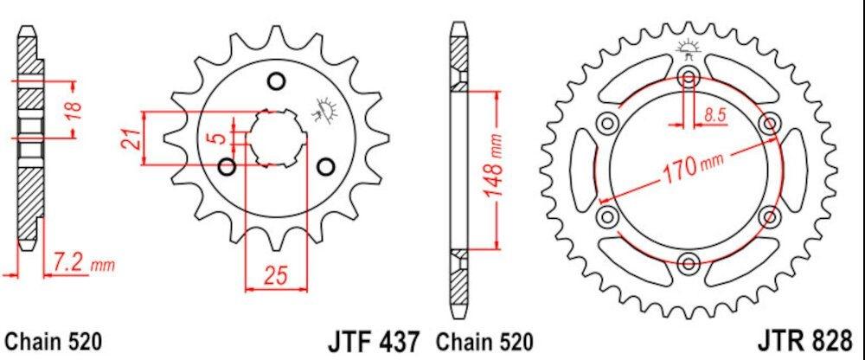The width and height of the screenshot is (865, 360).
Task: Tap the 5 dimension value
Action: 221,138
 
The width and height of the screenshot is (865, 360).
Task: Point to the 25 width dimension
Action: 276,276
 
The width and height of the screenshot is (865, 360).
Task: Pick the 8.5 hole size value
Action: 715,113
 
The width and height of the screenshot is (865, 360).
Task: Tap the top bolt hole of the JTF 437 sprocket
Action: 277,82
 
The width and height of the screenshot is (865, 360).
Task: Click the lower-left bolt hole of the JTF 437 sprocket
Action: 227,166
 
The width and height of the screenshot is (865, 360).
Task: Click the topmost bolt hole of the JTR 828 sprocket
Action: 689,76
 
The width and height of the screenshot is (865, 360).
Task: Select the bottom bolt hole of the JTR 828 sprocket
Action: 689,262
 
